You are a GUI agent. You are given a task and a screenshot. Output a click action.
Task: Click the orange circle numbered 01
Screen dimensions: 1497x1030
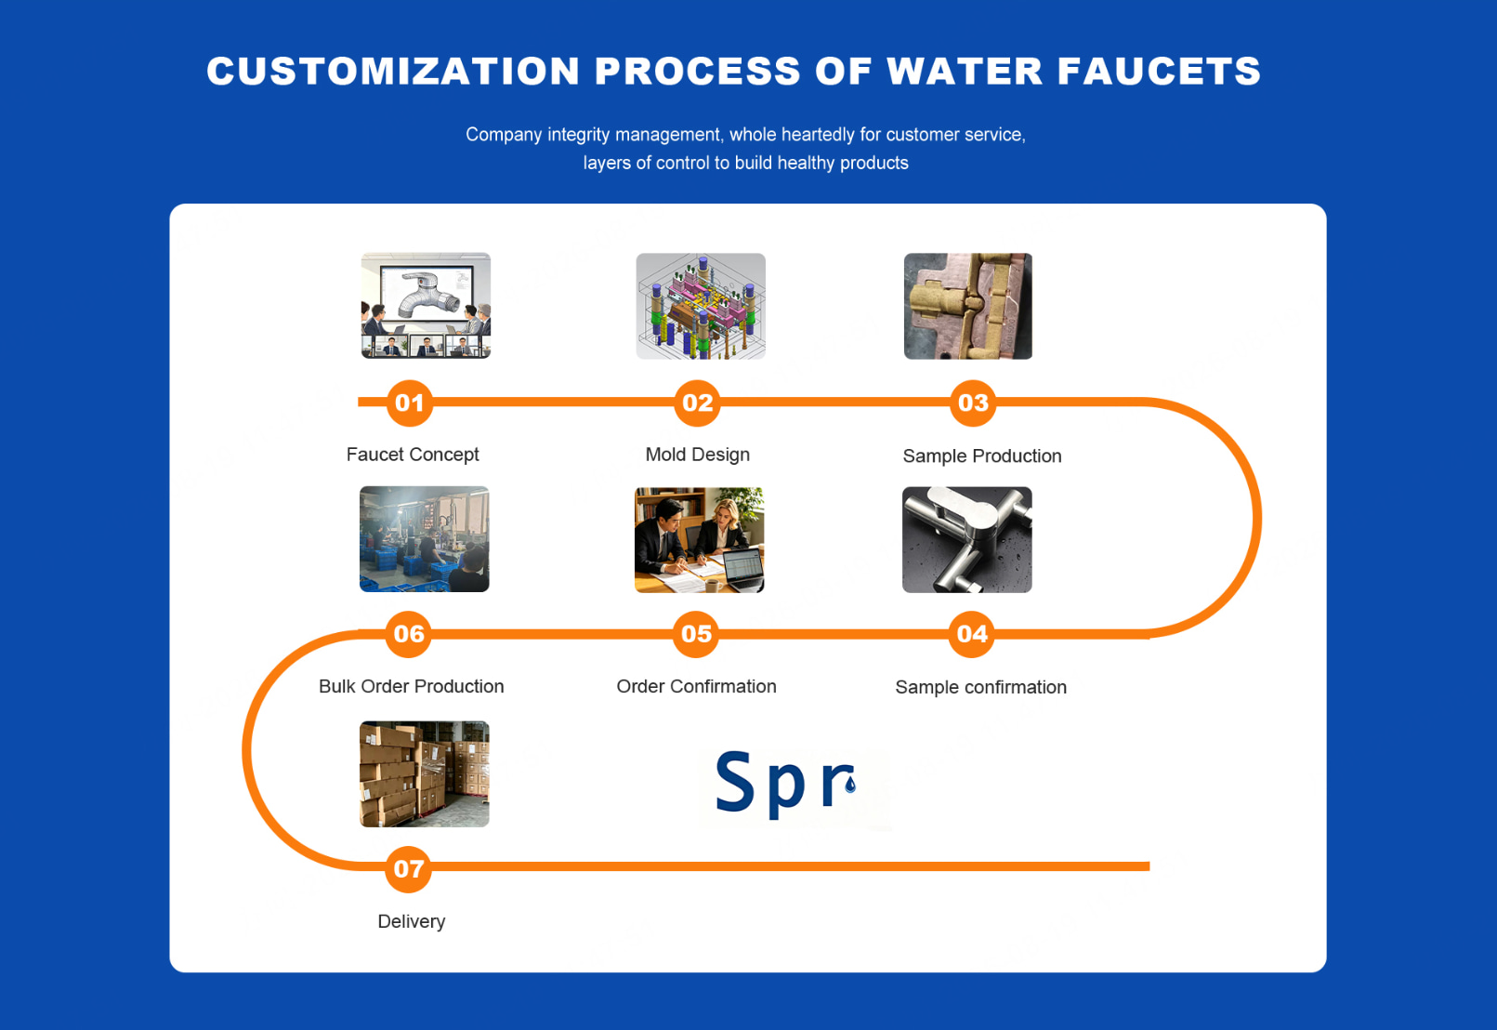pos(410,403)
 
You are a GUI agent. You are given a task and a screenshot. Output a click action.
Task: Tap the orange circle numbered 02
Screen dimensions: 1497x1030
pos(697,403)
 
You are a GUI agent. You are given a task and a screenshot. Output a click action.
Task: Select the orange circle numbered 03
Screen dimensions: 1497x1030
pos(973,403)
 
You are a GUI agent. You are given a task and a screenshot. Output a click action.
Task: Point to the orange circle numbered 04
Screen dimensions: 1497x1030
pos(972,634)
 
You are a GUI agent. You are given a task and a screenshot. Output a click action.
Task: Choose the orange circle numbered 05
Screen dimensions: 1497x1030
pos(696,634)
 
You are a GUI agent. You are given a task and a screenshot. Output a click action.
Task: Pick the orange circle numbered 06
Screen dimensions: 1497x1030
pos(408,634)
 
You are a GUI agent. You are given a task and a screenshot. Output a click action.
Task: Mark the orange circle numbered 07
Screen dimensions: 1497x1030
pos(408,869)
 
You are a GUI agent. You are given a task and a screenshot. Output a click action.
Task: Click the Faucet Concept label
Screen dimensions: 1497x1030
pos(413,455)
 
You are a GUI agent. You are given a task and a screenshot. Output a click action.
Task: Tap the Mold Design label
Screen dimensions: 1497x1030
pos(697,455)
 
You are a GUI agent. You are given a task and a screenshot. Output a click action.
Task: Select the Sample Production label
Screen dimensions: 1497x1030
pos(981,456)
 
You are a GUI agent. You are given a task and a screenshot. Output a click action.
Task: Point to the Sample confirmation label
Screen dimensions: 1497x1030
pos(980,687)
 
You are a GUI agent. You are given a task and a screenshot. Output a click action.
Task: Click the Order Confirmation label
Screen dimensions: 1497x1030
pos(696,686)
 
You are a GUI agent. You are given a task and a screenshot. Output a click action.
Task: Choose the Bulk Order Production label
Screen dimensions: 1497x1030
pos(411,686)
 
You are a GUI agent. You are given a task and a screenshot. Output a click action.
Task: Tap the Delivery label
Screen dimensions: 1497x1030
pos(411,922)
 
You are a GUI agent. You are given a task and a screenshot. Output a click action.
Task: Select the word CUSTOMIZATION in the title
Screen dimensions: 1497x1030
pos(393,71)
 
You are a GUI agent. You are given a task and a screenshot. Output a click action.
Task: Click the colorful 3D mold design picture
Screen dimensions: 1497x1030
pos(701,306)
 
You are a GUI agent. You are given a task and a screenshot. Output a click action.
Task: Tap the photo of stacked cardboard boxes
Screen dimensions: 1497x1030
pos(425,774)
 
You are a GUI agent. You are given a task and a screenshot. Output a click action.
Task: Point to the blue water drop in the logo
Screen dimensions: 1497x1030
pos(850,784)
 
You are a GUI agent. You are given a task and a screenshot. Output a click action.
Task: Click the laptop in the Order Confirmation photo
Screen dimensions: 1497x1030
pos(743,570)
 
